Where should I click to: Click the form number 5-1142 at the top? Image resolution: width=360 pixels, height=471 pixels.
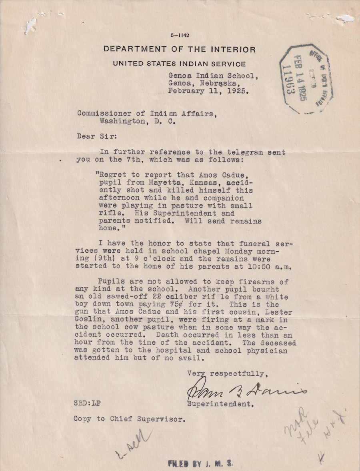point(180,35)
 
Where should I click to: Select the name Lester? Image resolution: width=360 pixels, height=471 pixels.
point(271,312)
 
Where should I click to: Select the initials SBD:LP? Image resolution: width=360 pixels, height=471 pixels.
point(87,403)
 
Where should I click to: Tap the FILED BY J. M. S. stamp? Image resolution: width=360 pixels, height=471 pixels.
point(200,463)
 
